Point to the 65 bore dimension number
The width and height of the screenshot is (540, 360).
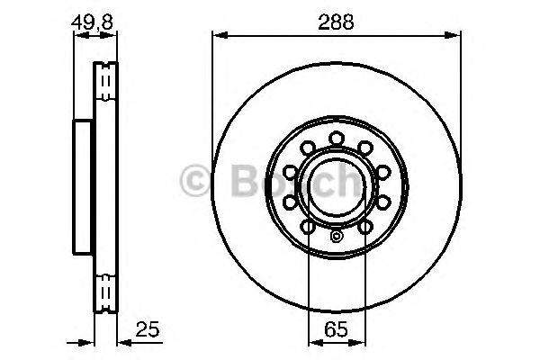point(334,328)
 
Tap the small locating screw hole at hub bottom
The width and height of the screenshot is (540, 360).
point(336,238)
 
